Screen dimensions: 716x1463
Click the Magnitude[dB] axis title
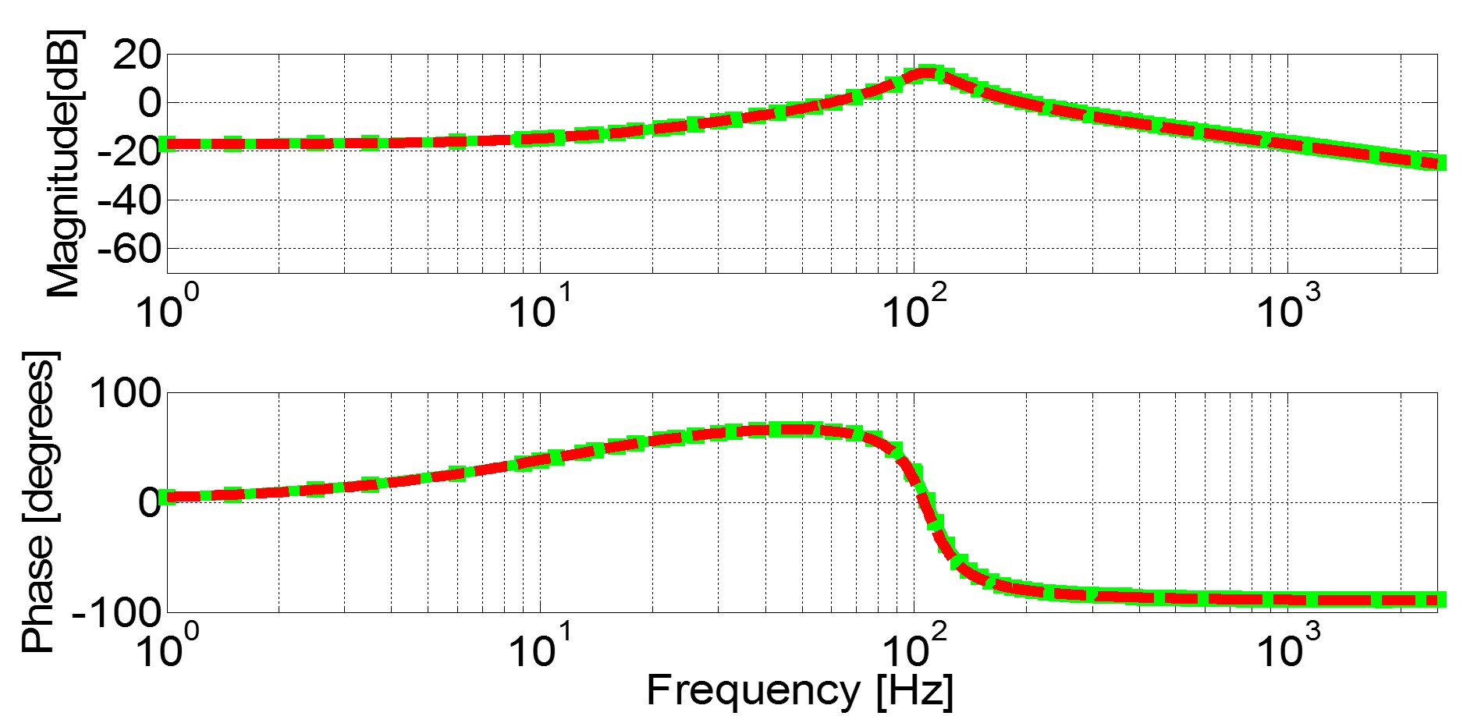64,164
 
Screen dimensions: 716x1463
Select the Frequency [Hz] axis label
800,690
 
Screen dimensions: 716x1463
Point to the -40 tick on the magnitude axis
127,200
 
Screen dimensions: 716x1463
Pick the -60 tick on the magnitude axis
127,249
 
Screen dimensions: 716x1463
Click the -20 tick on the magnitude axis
127,151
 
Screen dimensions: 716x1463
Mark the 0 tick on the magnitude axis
148,103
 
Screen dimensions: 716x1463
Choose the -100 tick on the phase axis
117,611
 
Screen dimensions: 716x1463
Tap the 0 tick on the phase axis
148,502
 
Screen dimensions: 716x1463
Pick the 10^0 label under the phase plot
167,647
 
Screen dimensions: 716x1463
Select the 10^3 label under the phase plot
1288,647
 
